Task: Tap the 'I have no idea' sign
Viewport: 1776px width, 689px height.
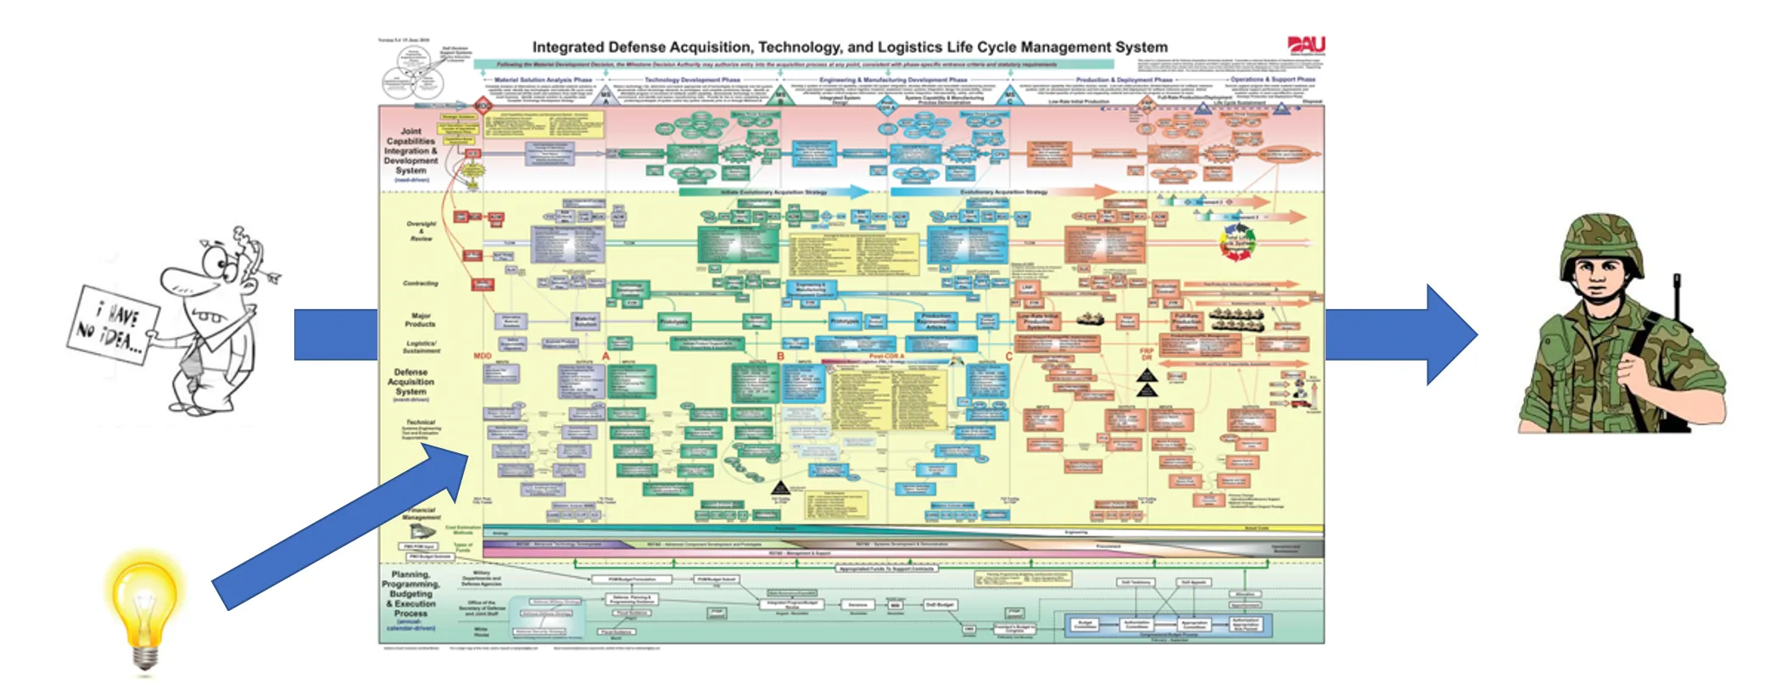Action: click(x=114, y=324)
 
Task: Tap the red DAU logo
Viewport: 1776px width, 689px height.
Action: click(x=1305, y=45)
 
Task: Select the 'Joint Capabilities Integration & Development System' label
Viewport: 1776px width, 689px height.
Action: click(x=410, y=152)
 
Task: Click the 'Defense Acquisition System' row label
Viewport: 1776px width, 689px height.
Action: click(x=410, y=383)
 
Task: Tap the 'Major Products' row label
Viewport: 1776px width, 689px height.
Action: click(x=420, y=319)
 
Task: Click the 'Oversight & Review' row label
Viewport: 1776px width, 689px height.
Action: click(x=421, y=231)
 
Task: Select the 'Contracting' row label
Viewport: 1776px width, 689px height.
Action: click(x=421, y=283)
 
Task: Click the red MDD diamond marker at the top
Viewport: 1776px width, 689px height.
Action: click(x=483, y=105)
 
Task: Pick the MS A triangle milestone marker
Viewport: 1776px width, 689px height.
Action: click(x=606, y=94)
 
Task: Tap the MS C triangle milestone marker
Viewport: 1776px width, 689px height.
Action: click(x=1009, y=94)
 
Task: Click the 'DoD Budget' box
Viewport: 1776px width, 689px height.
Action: click(x=940, y=605)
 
